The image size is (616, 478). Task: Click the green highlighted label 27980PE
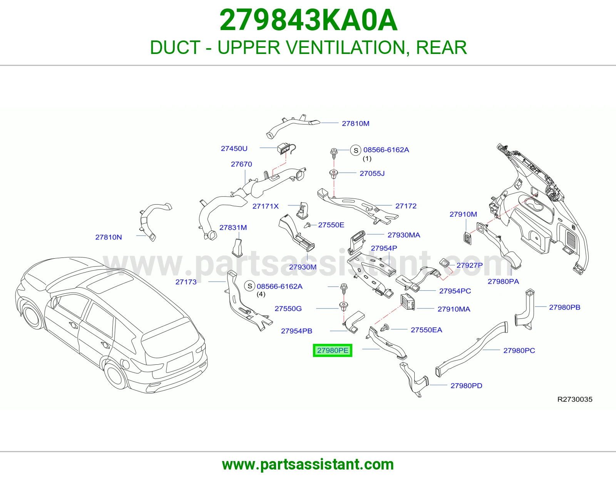point(333,350)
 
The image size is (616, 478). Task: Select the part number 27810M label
point(355,123)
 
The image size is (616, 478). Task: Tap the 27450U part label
point(234,148)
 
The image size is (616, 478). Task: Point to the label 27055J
point(372,173)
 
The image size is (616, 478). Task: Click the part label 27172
point(406,206)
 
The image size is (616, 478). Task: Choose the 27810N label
point(109,237)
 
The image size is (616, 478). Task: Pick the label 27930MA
point(404,235)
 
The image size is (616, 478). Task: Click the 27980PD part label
point(466,386)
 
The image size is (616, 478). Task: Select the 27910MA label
point(454,309)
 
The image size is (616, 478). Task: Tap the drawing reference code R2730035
point(575,399)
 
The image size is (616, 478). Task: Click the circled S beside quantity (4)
point(250,286)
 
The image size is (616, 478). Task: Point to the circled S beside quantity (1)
point(356,150)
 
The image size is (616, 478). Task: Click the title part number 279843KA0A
point(308,20)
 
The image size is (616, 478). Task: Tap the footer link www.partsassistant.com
point(308,465)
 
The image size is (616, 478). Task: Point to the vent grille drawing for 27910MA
point(408,302)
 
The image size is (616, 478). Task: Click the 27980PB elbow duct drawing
point(525,310)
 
